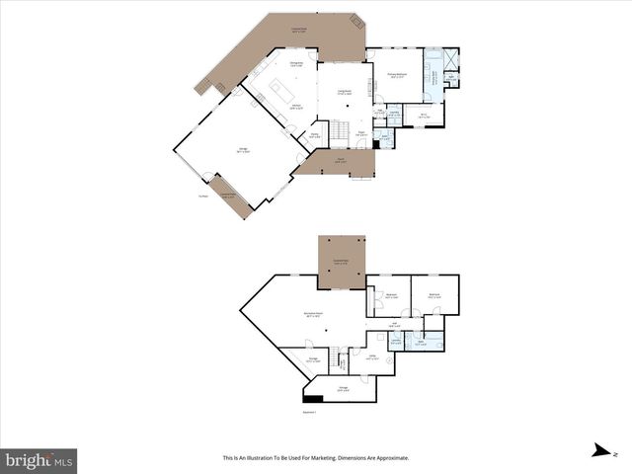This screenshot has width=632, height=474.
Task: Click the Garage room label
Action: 243,150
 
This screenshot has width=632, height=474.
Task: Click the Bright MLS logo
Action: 39,459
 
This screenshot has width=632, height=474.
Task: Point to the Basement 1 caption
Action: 309,412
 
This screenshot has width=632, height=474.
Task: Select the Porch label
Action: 339,161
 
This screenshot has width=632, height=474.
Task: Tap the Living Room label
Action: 346,94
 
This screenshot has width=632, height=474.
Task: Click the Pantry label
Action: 315,135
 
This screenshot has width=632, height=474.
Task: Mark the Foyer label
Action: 361,132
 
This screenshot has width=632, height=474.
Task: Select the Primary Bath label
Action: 433,74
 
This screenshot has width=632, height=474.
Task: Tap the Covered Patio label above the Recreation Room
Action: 341,263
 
